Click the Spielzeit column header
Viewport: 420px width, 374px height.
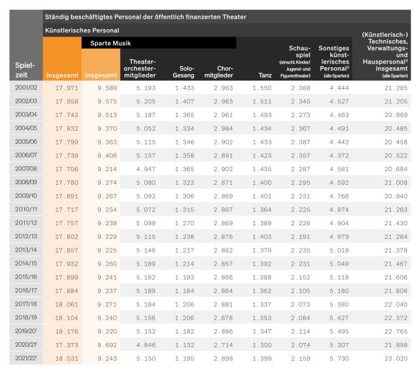[x=26, y=70]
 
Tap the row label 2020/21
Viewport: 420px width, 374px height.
[x=26, y=344]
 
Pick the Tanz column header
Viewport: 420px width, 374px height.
[x=264, y=75]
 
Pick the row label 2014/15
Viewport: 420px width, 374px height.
[x=26, y=263]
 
